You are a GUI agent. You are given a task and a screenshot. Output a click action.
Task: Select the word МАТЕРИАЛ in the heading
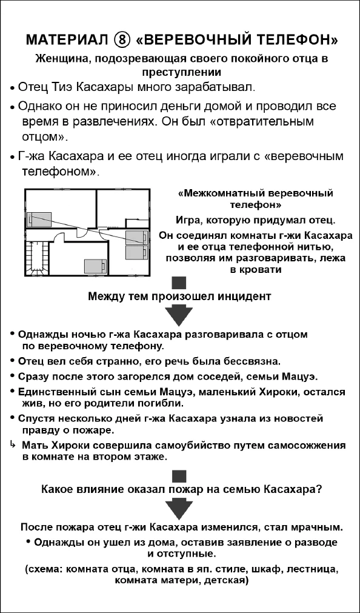click(x=64, y=42)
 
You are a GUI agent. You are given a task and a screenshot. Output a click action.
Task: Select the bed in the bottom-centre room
click(x=95, y=265)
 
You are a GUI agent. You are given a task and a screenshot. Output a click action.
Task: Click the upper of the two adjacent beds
click(x=135, y=236)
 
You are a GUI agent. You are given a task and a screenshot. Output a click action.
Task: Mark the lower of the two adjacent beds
click(x=135, y=250)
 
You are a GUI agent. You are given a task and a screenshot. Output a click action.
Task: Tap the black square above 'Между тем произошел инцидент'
click(x=179, y=283)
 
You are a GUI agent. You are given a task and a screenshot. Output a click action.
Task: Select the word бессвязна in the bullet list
click(x=252, y=361)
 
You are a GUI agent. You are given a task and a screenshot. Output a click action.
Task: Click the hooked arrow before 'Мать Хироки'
click(x=12, y=444)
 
